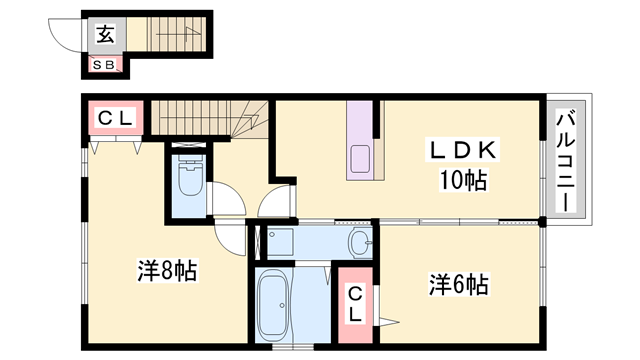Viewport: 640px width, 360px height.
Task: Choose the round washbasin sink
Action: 360,241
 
